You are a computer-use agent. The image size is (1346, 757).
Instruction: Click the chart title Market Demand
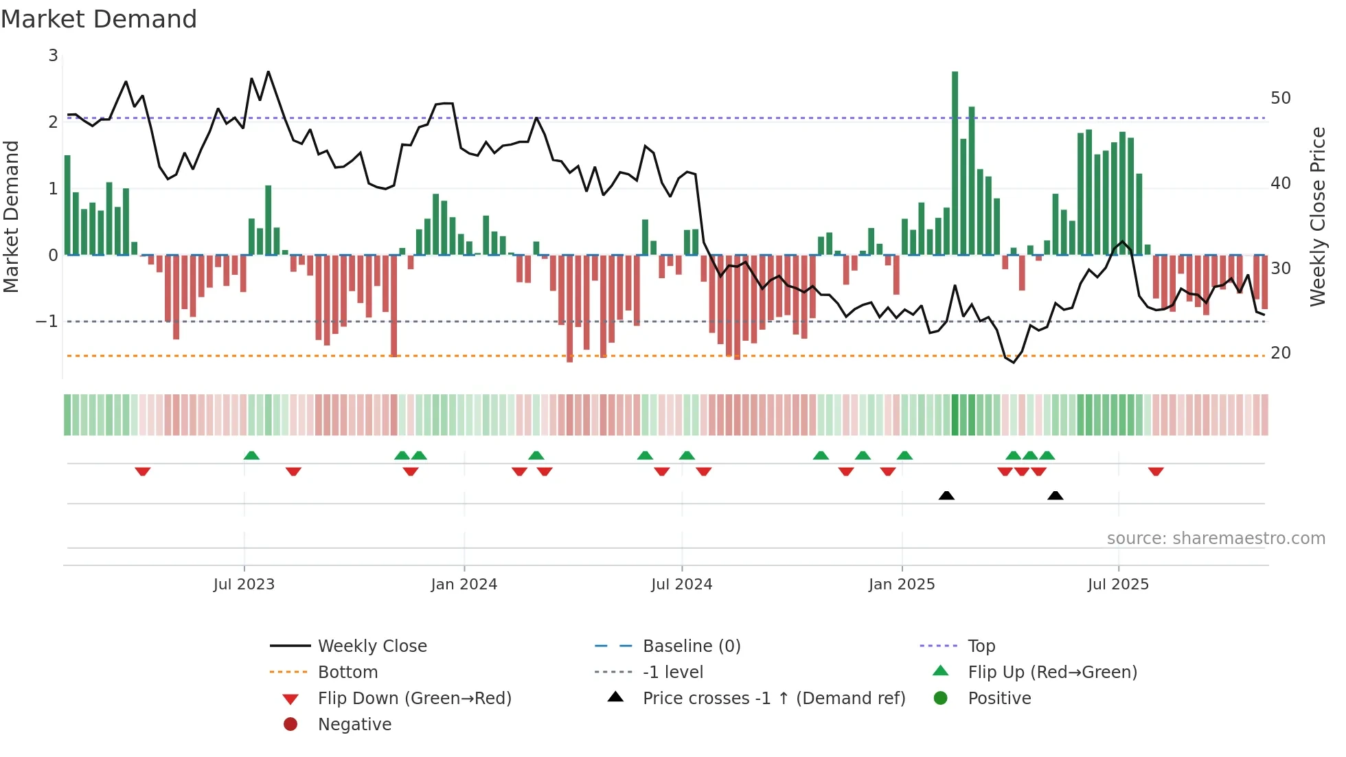point(99,19)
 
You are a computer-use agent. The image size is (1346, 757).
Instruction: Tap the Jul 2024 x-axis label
point(681,585)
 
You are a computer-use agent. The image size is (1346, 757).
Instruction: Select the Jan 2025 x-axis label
point(901,585)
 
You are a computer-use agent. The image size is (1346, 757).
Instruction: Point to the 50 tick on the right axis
point(1280,98)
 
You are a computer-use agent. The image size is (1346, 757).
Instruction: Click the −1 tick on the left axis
point(47,321)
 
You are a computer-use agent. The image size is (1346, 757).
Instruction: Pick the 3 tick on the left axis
point(53,56)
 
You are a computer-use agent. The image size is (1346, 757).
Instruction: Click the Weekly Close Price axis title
point(1317,216)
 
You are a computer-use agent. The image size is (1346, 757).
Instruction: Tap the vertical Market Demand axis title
point(12,216)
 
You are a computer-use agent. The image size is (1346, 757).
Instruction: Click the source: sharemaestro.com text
point(1216,539)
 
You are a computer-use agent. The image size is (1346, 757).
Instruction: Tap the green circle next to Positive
point(941,699)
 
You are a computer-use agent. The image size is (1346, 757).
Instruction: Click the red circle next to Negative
point(290,725)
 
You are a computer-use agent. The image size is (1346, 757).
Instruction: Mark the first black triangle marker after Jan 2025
point(946,495)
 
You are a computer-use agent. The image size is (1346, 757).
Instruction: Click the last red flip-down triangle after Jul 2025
point(1156,471)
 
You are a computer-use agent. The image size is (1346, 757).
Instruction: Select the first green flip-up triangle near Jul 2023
point(251,455)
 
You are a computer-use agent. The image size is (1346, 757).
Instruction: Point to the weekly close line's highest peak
point(269,71)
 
